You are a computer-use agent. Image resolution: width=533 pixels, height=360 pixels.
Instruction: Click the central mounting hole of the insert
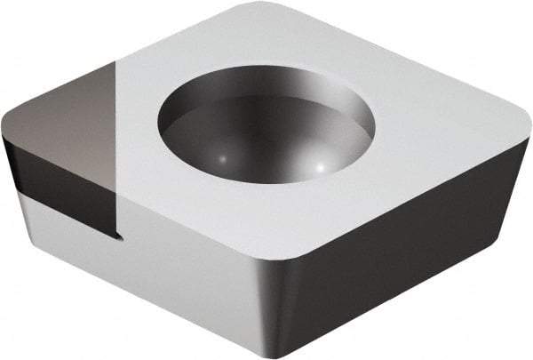(x=266, y=133)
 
